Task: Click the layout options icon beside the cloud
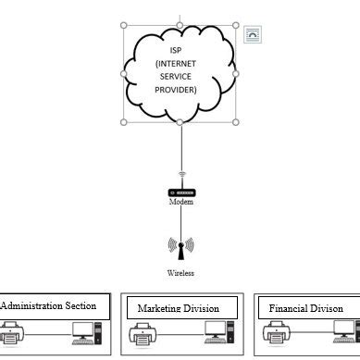pos(253,35)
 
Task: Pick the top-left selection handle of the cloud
pos(124,25)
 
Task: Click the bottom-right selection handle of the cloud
pos(235,121)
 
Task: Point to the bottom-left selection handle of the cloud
pos(124,121)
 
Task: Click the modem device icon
pos(181,192)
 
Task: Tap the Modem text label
pos(181,202)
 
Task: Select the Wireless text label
pos(181,273)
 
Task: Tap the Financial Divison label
pos(306,308)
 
